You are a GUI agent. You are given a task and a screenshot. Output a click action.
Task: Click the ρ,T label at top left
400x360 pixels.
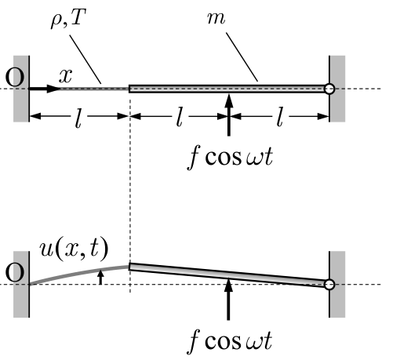click(x=68, y=18)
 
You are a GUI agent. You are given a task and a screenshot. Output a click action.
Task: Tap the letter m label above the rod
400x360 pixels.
click(x=216, y=18)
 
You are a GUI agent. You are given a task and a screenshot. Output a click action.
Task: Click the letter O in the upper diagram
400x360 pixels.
click(x=15, y=77)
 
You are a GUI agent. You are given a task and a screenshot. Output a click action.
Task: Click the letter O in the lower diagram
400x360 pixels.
click(x=15, y=272)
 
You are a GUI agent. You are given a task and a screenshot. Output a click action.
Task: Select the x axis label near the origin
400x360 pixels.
click(x=65, y=76)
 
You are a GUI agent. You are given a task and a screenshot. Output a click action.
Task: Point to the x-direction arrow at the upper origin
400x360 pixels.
click(x=45, y=89)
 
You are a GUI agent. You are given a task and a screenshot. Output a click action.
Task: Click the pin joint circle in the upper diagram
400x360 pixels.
click(x=329, y=89)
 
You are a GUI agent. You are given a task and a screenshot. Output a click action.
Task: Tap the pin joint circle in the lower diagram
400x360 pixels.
click(x=329, y=285)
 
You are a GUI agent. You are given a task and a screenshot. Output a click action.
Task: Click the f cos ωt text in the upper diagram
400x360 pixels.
click(x=230, y=158)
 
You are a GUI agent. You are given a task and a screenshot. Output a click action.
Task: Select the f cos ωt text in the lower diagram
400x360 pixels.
click(x=230, y=342)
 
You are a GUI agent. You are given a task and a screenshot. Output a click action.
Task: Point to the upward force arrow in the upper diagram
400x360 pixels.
click(x=229, y=115)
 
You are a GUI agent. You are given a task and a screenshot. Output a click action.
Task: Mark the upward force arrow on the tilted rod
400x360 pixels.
click(x=229, y=299)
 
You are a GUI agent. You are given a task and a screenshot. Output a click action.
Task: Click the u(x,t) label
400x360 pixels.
click(x=74, y=249)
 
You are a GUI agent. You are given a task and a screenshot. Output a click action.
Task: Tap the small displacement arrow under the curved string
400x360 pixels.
click(x=100, y=278)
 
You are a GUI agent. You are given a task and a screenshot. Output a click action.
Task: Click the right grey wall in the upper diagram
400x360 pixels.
click(x=337, y=89)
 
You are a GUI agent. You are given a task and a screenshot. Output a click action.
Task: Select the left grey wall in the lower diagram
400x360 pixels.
click(x=21, y=285)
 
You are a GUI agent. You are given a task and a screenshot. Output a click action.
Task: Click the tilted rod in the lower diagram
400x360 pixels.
click(x=229, y=275)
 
